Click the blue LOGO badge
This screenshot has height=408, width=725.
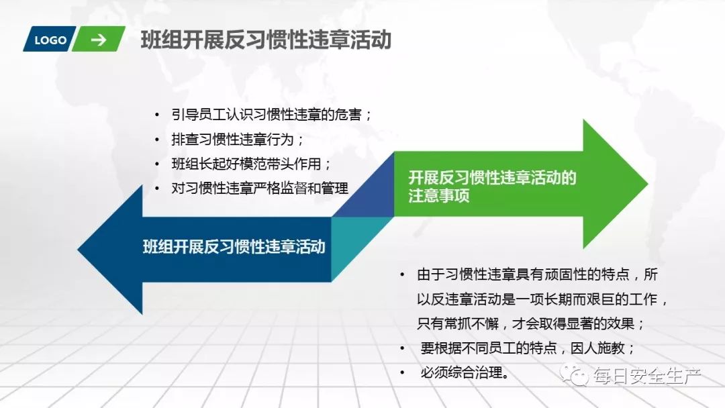pos(50,40)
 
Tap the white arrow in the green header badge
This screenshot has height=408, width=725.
pos(99,40)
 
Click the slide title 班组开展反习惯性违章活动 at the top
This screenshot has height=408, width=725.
pos(266,40)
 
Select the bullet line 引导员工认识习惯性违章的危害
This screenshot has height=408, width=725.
pos(271,114)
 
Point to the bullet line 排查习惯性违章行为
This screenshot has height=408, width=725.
pos(238,140)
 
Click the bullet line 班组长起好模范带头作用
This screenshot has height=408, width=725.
pos(251,164)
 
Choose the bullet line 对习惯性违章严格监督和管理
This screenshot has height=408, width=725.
pos(260,189)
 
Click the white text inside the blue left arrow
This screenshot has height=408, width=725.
pos(234,246)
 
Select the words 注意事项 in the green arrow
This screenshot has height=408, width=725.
pos(438,197)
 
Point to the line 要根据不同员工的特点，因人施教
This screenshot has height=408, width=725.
pos(527,348)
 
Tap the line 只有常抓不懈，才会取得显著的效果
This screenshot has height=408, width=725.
pos(530,323)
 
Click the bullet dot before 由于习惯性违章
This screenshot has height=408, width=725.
pos(401,274)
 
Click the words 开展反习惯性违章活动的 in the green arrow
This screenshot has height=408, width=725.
pos(492,178)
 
